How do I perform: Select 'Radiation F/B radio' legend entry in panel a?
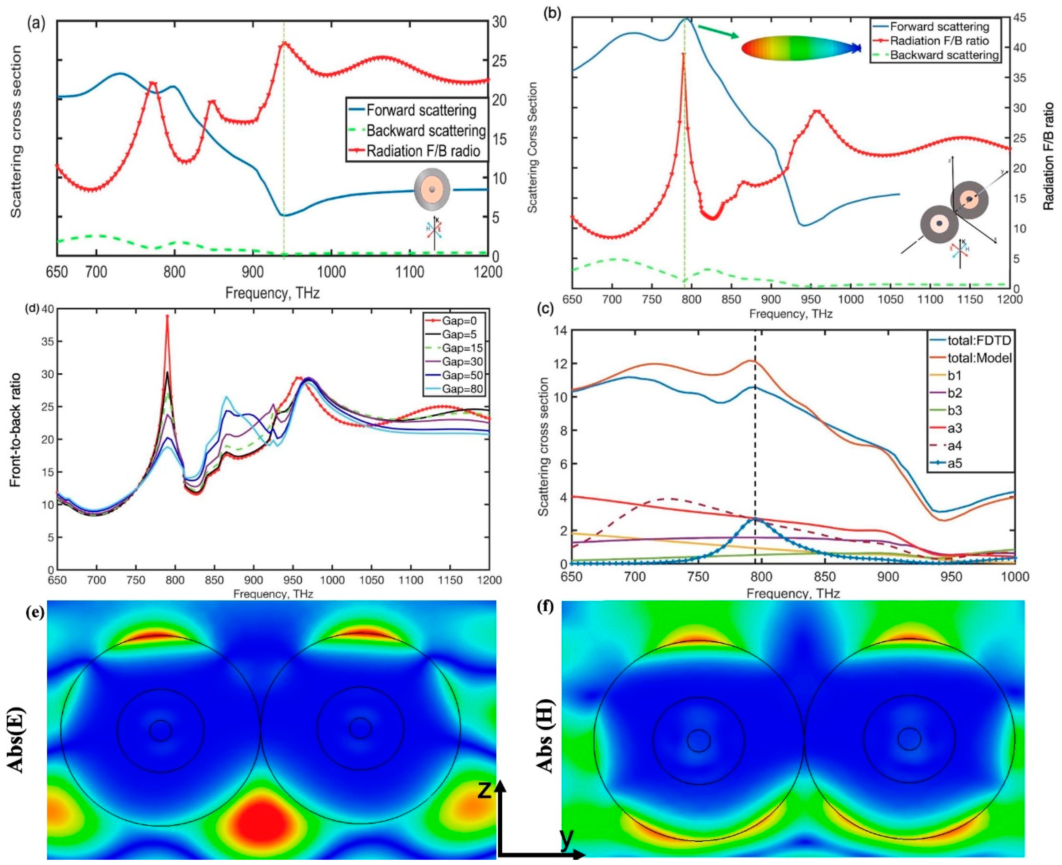tap(423, 151)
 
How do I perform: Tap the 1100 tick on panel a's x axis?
tap(410, 272)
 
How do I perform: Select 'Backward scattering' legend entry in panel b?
tap(944, 55)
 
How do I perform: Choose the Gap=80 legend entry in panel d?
tap(463, 389)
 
